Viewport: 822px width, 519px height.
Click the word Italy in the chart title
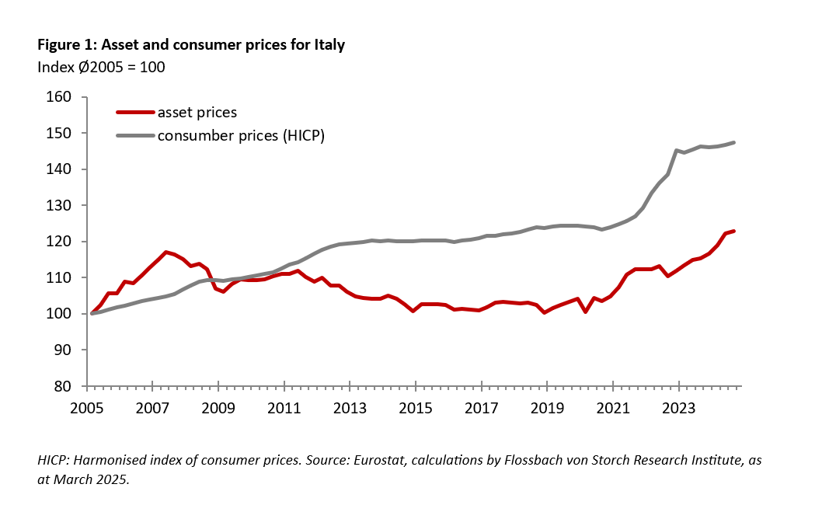328,45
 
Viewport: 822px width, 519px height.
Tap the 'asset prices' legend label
197,113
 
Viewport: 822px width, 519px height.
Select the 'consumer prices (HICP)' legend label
240,136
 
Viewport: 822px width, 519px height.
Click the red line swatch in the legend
134,113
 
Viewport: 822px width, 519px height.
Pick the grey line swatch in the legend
134,136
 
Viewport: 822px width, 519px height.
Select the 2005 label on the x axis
88,407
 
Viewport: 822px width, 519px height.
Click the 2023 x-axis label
678,407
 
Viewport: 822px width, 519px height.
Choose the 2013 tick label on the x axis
350,407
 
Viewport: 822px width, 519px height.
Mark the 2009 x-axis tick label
219,407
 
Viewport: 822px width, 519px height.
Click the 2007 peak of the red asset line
165,252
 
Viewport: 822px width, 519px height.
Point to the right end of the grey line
734,142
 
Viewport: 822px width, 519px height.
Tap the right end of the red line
734,231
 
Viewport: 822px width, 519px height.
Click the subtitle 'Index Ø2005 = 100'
101,67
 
